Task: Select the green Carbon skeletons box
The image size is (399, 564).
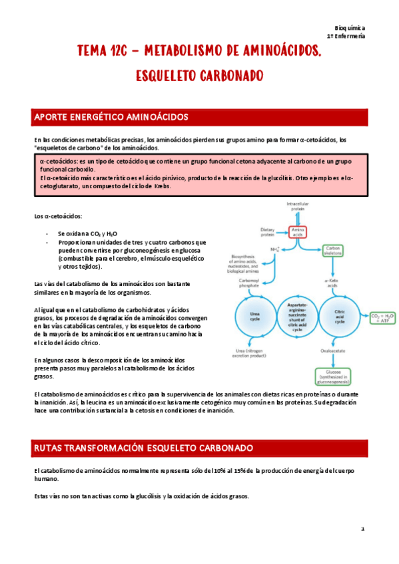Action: point(333,250)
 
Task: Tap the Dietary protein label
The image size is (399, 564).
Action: point(268,231)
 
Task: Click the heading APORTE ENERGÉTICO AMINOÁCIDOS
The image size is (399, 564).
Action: point(111,118)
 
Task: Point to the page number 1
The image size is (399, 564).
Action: point(362,529)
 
